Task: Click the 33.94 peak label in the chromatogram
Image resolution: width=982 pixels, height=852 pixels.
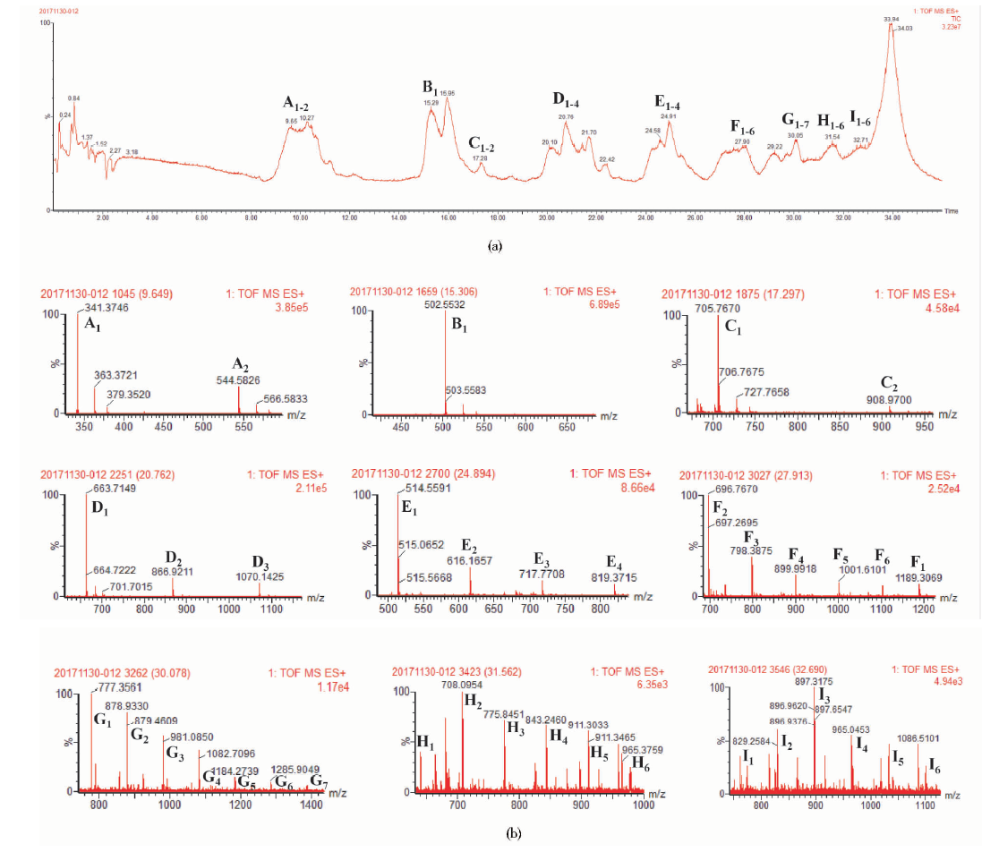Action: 890,18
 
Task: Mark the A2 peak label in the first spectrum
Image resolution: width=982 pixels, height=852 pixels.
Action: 240,364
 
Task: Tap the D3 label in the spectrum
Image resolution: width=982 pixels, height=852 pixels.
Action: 260,562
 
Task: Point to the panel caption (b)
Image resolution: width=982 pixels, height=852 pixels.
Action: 514,834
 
